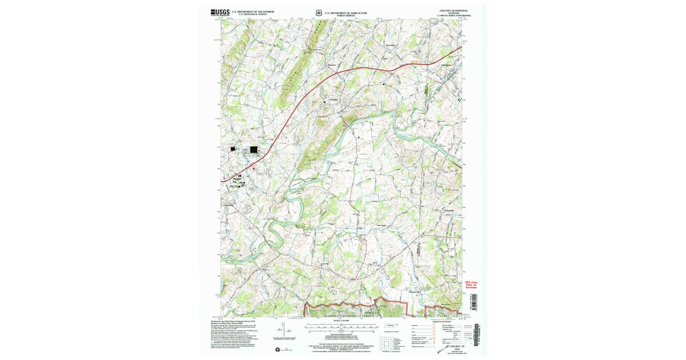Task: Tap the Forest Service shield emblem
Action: pyautogui.click(x=318, y=12)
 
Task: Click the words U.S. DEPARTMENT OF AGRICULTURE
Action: pyautogui.click(x=346, y=11)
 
